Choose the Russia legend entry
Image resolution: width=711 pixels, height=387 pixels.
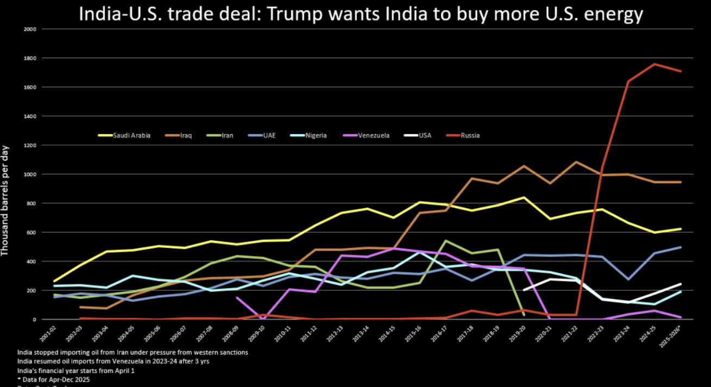pyautogui.click(x=470, y=135)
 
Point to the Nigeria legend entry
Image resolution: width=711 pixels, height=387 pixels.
pyautogui.click(x=314, y=135)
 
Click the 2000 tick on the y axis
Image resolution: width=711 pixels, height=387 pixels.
pyautogui.click(x=30, y=29)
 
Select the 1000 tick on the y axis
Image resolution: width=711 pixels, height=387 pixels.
pyautogui.click(x=30, y=174)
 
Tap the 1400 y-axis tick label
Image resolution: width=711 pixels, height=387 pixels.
pyautogui.click(x=30, y=116)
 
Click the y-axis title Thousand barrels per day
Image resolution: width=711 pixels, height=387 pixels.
pyautogui.click(x=6, y=201)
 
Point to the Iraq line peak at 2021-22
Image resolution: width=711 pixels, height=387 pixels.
pyautogui.click(x=576, y=162)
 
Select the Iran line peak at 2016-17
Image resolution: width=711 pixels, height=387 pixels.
pyautogui.click(x=446, y=241)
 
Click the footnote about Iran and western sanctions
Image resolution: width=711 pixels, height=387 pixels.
pyautogui.click(x=133, y=352)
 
